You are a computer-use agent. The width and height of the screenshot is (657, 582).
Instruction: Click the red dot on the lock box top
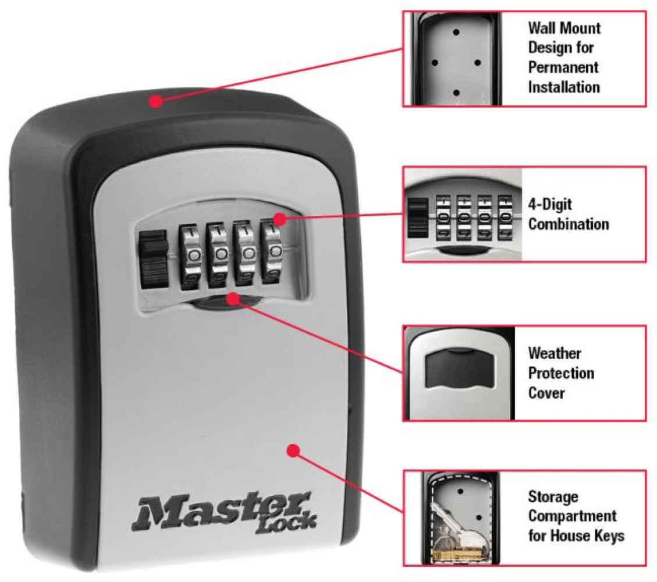click(x=154, y=102)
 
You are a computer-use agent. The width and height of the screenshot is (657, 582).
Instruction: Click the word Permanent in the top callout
click(x=563, y=67)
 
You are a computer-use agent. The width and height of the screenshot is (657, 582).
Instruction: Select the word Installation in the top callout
click(x=564, y=87)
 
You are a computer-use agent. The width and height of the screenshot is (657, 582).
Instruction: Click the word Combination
click(x=569, y=224)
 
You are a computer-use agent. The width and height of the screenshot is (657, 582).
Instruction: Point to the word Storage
click(x=553, y=496)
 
